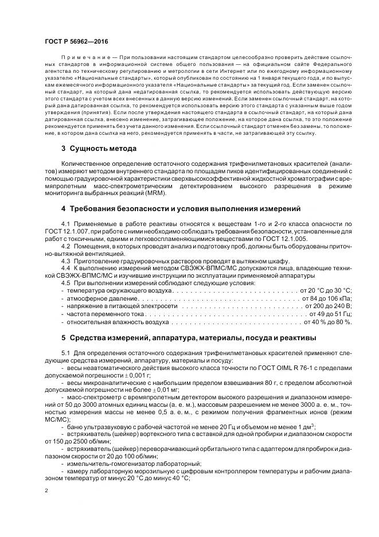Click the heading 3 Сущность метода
99,149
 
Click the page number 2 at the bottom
46,491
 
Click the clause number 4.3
65,260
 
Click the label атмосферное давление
95,298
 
